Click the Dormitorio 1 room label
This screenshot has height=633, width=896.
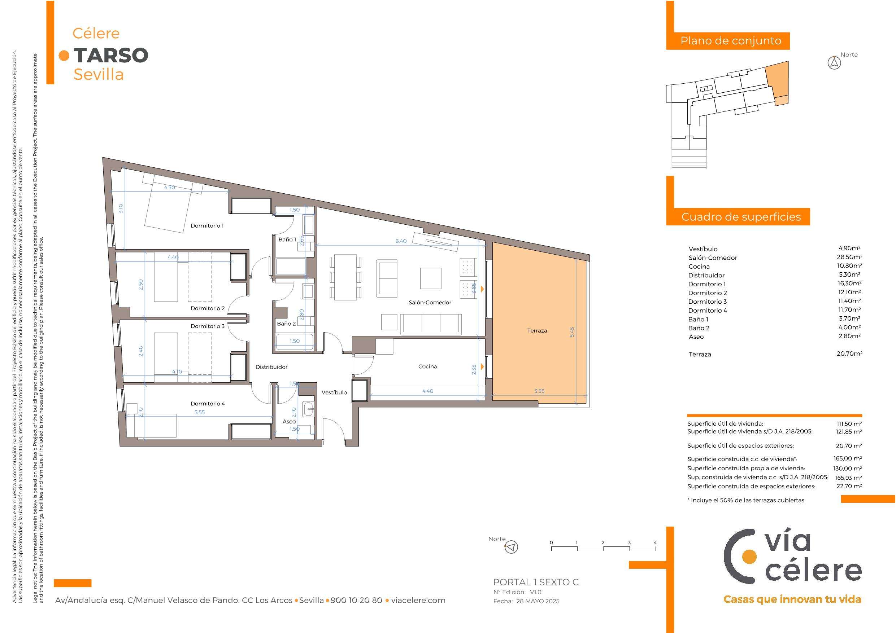pos(207,225)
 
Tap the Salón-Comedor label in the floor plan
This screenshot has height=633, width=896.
pos(430,302)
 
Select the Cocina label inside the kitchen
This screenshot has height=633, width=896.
pos(427,366)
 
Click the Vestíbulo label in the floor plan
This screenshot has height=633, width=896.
pos(334,392)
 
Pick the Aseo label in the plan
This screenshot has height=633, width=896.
pos(289,421)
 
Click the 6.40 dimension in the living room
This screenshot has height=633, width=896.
pos(401,241)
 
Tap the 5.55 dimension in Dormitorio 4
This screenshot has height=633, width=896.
pos(199,412)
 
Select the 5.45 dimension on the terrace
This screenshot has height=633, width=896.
pos(572,332)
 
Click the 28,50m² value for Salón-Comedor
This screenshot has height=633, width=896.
pos(849,257)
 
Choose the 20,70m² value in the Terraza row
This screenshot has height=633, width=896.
pos(849,354)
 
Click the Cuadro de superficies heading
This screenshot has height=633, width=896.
pos(741,217)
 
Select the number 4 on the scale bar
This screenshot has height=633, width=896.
pos(655,542)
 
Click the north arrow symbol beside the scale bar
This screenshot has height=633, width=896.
pos(511,547)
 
